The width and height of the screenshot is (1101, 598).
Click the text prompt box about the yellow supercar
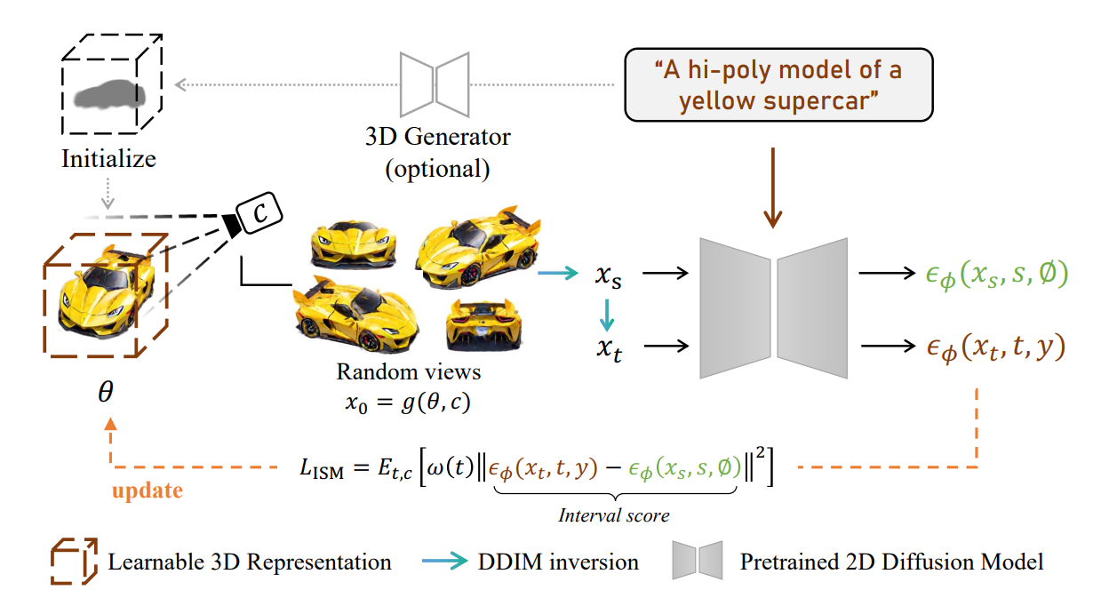coord(778,84)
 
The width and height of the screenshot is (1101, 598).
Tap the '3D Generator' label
coord(438,137)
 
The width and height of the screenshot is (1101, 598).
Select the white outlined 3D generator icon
coord(435,84)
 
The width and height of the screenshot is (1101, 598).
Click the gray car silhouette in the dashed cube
coord(109,95)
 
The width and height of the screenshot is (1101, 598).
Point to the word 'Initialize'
coord(108,159)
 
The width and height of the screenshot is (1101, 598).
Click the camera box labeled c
coord(259,212)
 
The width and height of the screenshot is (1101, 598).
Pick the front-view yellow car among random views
coord(354,244)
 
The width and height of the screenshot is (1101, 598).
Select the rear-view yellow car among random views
coord(483,325)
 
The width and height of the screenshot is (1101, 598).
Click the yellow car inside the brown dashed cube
coord(106,292)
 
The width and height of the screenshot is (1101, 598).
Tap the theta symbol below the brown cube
coord(106,392)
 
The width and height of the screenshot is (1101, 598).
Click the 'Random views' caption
coord(409,372)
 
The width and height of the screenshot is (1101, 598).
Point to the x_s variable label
coord(609,275)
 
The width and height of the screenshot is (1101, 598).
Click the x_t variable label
coord(610,349)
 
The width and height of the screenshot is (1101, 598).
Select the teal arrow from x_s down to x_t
coord(607,315)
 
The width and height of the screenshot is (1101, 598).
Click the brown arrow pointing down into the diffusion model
coord(773,187)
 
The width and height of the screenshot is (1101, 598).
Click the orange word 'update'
coord(148,490)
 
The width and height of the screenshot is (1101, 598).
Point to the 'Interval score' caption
coord(614,515)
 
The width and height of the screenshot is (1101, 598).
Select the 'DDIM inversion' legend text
coord(558,562)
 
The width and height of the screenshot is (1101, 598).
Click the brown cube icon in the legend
coord(74,562)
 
